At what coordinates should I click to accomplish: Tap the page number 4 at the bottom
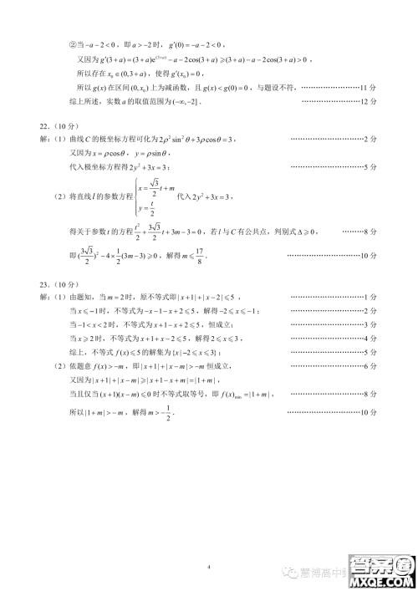(208, 543)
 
